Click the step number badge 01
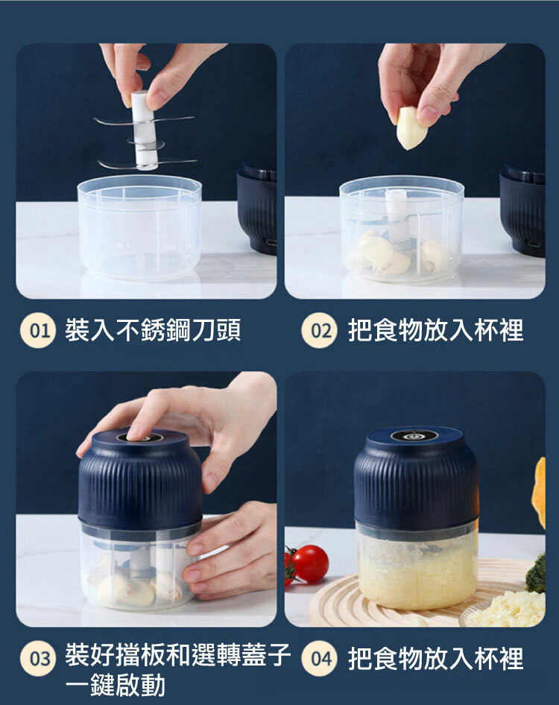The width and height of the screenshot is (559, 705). pyautogui.click(x=38, y=330)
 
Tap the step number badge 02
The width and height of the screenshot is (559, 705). pyautogui.click(x=319, y=330)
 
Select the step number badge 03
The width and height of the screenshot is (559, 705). pyautogui.click(x=38, y=658)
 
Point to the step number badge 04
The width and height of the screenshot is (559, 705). pyautogui.click(x=319, y=658)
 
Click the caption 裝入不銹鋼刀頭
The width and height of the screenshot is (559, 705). pyautogui.click(x=153, y=330)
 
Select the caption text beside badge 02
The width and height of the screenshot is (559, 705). pyautogui.click(x=436, y=330)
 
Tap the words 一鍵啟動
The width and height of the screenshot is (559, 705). pyautogui.click(x=115, y=685)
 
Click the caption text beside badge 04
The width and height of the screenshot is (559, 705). pyautogui.click(x=436, y=658)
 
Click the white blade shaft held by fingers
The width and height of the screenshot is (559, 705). pyautogui.click(x=144, y=130)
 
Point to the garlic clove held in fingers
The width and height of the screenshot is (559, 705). pyautogui.click(x=411, y=127)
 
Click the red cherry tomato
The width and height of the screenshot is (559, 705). pyautogui.click(x=310, y=564)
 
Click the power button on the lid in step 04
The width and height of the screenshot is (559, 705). pyautogui.click(x=414, y=436)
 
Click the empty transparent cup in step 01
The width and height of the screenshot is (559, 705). pyautogui.click(x=139, y=227)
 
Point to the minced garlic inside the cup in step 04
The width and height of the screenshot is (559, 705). pyautogui.click(x=417, y=571)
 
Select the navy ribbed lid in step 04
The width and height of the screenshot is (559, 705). pyautogui.click(x=416, y=477)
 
